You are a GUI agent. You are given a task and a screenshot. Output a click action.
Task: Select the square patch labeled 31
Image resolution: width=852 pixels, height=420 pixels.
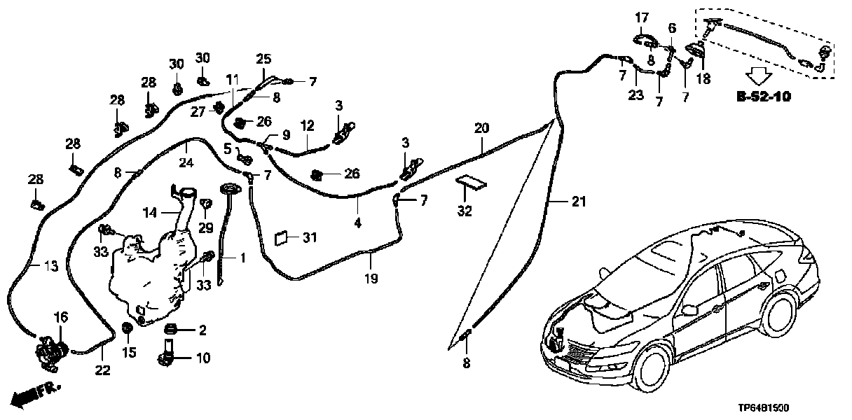point(282,239)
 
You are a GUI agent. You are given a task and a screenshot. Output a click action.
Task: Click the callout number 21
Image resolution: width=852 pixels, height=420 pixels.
point(577,202)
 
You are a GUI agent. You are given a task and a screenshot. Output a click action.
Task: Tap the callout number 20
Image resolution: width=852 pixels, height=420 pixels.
point(481,128)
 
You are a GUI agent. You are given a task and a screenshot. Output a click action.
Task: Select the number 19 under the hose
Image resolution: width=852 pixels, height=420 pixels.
point(371,278)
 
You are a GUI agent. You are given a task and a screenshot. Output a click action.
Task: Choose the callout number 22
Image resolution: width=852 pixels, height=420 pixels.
point(103,370)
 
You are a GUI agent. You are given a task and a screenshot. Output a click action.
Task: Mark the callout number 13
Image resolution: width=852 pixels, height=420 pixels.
point(50,267)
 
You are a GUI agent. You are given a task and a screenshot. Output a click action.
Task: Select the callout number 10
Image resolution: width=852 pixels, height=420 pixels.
point(202,359)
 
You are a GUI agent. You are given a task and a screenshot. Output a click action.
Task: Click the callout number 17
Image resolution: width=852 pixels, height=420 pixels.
point(643,17)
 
